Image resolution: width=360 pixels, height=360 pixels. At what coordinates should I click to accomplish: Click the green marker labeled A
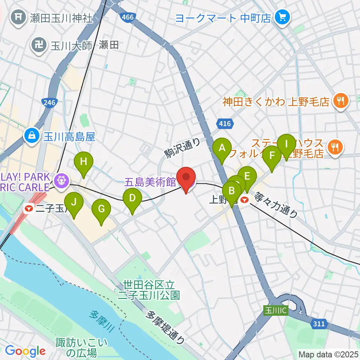pyautogui.click(x=222, y=148)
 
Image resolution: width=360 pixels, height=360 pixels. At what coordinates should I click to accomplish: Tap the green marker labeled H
pyautogui.click(x=83, y=162)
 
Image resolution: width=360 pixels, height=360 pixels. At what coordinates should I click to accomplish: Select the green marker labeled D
pyautogui.click(x=132, y=198)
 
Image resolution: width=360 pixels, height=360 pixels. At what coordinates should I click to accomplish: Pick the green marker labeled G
pyautogui.click(x=101, y=208)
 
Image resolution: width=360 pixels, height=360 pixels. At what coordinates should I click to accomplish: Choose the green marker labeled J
pyautogui.click(x=74, y=202)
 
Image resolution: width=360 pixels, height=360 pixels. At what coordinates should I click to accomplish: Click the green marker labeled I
pyautogui.click(x=286, y=144)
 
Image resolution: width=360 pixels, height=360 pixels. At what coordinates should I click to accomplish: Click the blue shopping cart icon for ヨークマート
pyautogui.click(x=281, y=17)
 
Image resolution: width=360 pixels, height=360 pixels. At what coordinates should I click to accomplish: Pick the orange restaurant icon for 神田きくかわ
pyautogui.click(x=340, y=101)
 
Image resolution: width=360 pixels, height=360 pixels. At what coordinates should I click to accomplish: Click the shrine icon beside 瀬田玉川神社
pyautogui.click(x=18, y=18)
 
